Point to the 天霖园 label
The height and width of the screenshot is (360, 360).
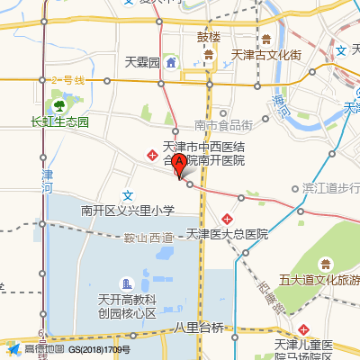(142, 63)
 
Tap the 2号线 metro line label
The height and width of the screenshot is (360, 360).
(67, 81)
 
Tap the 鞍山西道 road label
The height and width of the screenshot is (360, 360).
(148, 237)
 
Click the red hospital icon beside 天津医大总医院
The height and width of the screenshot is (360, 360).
(229, 219)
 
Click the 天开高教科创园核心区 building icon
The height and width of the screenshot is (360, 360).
(128, 283)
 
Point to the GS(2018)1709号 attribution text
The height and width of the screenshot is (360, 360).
(100, 349)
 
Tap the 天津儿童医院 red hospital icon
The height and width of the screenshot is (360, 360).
(307, 329)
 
